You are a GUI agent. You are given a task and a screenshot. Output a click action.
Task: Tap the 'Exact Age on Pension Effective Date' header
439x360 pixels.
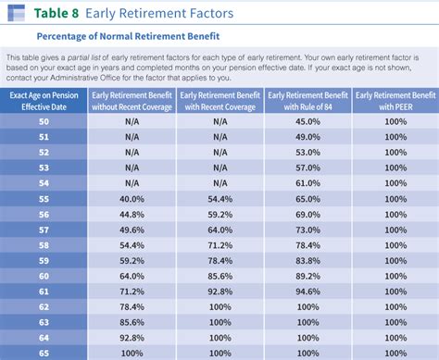click(x=44, y=101)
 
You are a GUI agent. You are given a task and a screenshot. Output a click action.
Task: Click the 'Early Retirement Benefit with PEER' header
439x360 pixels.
click(x=395, y=101)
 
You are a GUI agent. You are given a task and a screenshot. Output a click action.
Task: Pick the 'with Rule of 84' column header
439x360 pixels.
click(x=307, y=101)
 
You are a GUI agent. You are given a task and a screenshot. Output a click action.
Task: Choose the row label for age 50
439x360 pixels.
click(x=44, y=120)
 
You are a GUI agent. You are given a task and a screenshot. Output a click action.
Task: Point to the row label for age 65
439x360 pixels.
click(x=44, y=353)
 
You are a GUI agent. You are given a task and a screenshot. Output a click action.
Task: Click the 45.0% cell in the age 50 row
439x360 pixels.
click(x=307, y=120)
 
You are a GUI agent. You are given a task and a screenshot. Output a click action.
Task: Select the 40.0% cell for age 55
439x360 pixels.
click(x=132, y=198)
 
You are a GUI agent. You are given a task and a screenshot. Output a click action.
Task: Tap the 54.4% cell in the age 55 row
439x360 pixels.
click(x=219, y=198)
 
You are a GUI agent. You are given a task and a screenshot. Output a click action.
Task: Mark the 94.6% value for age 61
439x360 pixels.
click(x=307, y=291)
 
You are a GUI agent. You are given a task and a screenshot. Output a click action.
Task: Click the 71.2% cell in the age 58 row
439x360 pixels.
click(x=219, y=244)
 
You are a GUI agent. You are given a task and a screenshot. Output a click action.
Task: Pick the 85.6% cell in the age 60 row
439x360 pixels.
click(x=219, y=276)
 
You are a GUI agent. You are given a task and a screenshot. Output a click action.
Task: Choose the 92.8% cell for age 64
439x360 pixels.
click(x=132, y=338)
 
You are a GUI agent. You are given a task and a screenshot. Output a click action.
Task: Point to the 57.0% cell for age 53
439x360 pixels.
click(x=307, y=168)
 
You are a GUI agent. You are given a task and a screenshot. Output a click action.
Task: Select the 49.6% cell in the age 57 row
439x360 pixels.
click(x=132, y=230)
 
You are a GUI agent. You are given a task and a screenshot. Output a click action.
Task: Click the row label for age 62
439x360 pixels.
click(x=44, y=306)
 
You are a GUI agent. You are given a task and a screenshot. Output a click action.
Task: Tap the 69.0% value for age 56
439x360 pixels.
click(x=307, y=214)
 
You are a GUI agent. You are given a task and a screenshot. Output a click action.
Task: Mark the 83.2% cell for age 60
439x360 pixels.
click(x=307, y=276)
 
